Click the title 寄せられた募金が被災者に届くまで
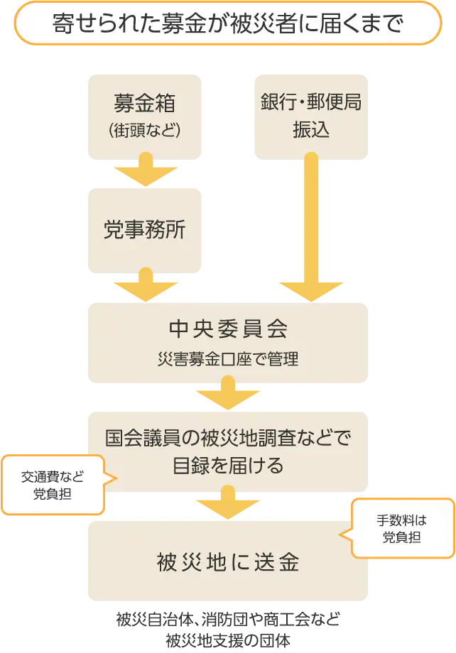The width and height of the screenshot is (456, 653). point(227,23)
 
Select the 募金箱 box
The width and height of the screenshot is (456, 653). point(145,117)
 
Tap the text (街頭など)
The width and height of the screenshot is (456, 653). point(145,131)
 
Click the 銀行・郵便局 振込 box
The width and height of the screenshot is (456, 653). point(311,117)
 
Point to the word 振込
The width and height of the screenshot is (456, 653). point(311,129)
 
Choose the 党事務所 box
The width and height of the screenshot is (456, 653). point(145,231)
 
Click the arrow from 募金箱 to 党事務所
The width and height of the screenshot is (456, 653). point(146,169)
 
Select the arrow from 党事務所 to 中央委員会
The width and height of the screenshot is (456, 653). point(146,285)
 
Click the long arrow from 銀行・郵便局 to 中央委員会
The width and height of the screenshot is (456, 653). point(311,227)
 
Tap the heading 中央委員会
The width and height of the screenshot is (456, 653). point(228,329)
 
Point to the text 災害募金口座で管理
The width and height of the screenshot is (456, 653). point(228,358)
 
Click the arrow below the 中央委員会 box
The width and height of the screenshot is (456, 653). point(228,393)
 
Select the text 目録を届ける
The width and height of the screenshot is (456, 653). point(228,465)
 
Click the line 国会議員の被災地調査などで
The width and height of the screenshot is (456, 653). point(228,438)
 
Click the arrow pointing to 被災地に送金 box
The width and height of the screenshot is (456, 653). point(228,503)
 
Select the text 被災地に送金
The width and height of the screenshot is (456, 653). point(228,562)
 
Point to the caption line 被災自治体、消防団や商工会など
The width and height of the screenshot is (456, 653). point(228,619)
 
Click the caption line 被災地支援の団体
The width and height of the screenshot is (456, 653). point(228,640)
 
